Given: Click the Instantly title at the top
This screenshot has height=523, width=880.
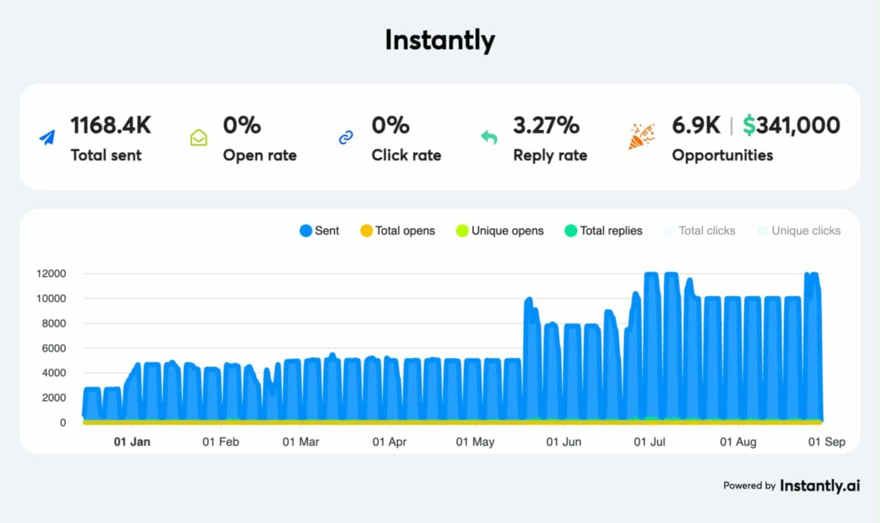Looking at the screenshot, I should (439, 40).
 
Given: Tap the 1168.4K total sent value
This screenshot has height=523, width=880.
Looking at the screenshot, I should (111, 125).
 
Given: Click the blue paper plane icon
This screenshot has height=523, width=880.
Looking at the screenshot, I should (48, 137).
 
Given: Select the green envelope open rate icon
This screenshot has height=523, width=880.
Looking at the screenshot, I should (199, 137).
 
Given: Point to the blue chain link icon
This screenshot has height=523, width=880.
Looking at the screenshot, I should (345, 137).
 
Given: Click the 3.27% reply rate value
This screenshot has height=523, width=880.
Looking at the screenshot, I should (546, 125).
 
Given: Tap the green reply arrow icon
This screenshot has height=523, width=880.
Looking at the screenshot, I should (489, 137).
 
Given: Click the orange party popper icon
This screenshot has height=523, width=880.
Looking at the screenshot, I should (641, 136).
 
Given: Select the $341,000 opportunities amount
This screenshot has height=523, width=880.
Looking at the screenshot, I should (791, 125).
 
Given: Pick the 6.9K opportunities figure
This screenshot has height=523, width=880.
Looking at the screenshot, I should (696, 125).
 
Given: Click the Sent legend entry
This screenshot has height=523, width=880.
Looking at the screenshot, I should (320, 230).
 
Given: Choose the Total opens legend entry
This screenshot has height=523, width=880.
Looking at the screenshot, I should (398, 230).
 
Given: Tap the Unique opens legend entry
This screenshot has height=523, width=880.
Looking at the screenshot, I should (500, 230).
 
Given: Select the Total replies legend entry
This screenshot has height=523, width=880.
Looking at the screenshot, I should (603, 230).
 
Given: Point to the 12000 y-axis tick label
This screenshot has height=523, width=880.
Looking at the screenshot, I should (51, 273).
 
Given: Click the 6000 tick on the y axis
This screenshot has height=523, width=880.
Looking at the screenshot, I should (54, 348).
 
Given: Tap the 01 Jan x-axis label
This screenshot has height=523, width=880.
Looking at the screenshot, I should (132, 442).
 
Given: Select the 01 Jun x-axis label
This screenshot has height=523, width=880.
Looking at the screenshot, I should (564, 442).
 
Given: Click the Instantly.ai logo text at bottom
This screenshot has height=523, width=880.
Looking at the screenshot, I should (820, 486).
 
